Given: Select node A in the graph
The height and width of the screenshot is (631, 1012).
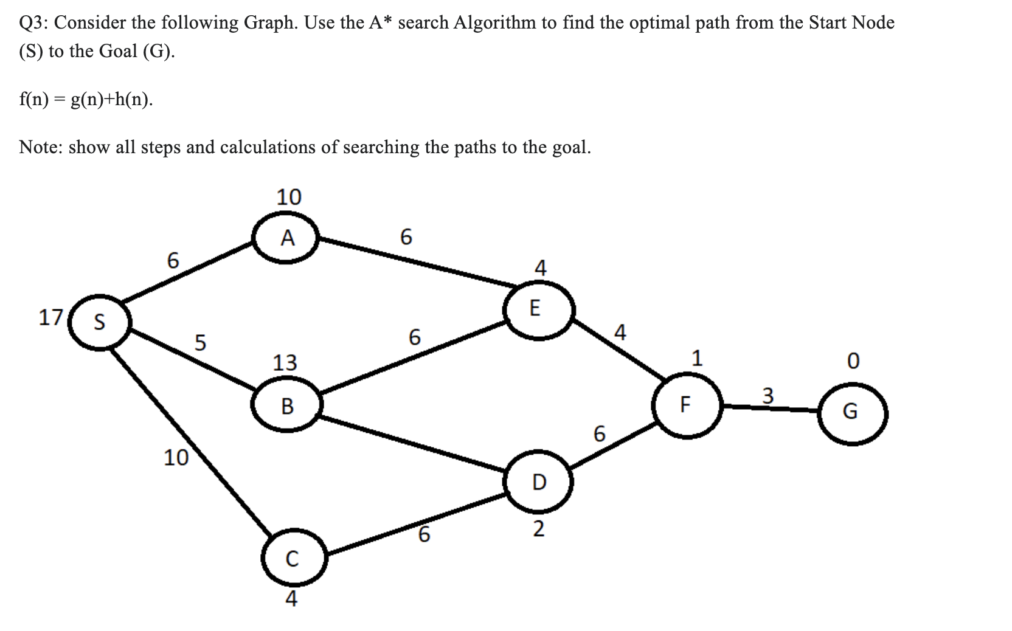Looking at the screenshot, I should [288, 238].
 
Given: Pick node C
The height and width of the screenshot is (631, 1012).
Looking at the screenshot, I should [293, 559].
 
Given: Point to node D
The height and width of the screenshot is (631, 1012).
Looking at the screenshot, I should [538, 481].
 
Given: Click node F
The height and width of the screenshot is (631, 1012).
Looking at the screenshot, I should [685, 404].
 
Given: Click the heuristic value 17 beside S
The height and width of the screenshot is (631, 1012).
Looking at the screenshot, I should [50, 317].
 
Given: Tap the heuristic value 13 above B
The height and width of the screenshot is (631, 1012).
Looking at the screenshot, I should [285, 362].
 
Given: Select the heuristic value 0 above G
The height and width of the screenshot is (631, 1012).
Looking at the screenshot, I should [853, 361].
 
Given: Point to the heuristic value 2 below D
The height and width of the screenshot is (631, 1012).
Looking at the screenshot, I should [538, 529].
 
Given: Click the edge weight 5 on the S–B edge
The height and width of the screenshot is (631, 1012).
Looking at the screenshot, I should [200, 342].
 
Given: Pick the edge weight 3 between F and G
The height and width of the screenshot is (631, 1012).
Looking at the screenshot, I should [768, 396].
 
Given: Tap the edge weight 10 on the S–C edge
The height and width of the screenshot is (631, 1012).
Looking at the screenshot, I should [176, 457].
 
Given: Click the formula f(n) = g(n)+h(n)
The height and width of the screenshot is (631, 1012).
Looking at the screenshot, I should [86, 100].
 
